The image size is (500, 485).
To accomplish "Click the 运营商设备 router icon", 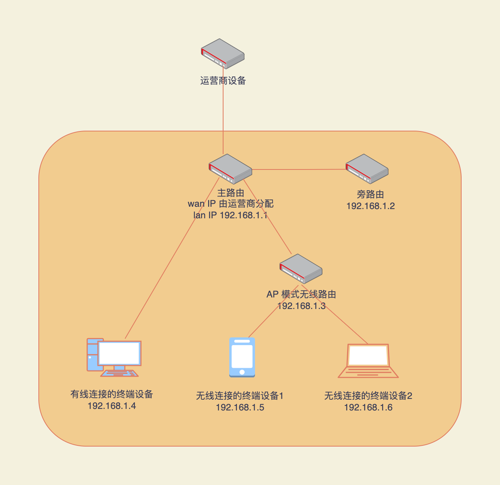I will point(223,53).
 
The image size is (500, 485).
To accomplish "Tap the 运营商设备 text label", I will point(223,81).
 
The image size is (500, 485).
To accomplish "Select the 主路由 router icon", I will point(230,169).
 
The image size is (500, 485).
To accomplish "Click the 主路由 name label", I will point(230,193).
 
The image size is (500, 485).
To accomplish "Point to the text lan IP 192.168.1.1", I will point(230,215).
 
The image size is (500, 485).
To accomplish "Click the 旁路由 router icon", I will point(367,169).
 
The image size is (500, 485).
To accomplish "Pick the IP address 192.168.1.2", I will point(371,206).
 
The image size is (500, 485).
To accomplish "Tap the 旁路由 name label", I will point(371,194).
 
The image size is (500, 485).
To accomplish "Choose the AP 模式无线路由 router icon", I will point(301,269).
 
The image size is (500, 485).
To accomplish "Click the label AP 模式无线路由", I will point(301,295).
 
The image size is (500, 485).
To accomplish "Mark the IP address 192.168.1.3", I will point(301,306).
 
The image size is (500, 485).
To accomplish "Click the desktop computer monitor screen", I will point(119,353).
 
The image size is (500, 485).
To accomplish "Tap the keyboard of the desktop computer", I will point(119,373).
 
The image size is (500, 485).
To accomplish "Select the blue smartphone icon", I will point(242,357).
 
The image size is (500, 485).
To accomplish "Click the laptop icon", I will point(368,361).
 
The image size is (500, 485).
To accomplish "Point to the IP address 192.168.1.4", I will point(112,406).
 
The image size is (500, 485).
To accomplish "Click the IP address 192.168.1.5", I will point(240,408).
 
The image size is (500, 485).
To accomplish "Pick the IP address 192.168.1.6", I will point(368,408).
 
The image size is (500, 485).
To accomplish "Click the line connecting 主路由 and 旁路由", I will point(300,169).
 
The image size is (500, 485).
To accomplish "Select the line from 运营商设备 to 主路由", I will point(223,115).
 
